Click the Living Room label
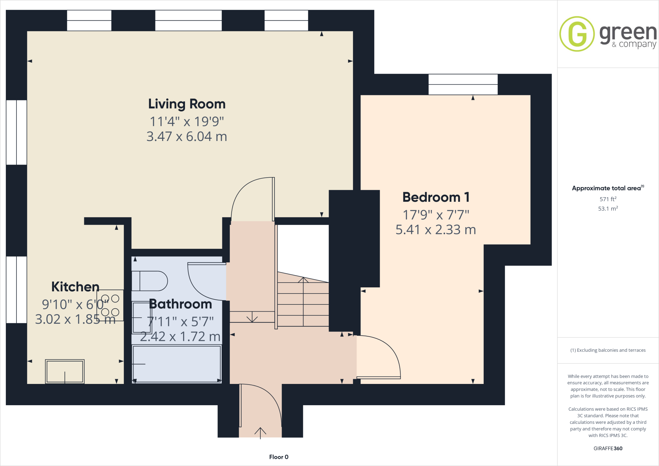pos(187,104)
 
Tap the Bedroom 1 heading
pos(436,197)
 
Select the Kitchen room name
pos(75,287)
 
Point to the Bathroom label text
pos(181,304)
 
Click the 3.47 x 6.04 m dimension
pos(187,136)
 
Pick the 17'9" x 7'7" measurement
pos(436,215)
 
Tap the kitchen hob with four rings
pos(110,305)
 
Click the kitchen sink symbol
pos(65,371)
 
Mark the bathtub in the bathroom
pos(177,364)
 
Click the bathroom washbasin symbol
pos(142,318)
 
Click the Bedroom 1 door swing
pos(383,354)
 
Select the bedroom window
pos(463,84)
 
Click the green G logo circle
pos(577,34)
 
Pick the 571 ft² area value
pos(608,199)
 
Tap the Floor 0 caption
pos(279,457)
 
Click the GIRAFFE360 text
pos(608,448)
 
